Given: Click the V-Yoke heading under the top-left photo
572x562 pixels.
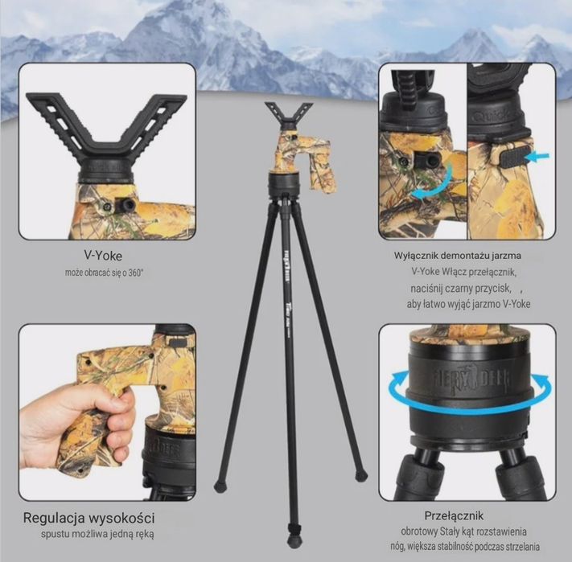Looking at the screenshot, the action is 103,256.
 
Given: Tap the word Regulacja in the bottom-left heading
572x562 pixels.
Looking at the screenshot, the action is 54,518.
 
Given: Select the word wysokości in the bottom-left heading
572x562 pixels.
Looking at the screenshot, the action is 121,518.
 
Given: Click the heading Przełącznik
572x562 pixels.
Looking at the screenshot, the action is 454,515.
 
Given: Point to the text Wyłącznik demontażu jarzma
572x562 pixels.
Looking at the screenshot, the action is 458,256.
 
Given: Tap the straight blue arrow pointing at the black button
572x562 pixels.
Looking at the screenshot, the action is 537,157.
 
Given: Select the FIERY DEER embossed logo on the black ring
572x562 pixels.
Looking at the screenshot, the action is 473,381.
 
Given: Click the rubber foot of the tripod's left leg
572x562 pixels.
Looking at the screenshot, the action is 220,486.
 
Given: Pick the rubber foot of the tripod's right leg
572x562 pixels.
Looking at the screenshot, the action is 360,475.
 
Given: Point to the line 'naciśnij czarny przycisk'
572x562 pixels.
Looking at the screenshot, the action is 460,289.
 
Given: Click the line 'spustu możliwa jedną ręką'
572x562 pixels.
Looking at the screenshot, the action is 97,535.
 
